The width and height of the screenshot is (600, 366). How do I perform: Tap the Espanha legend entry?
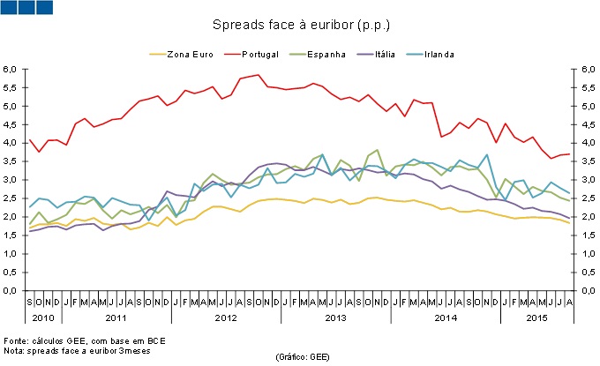325,54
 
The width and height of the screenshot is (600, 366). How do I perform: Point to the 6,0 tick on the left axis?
11,69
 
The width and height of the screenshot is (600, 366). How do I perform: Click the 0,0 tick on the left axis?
11,290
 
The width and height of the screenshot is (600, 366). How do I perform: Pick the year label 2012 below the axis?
226,316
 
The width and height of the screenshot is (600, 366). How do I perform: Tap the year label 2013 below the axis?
336,316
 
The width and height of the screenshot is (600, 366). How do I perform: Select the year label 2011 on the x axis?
116,316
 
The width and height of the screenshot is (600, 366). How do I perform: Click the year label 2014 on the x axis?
446,316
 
